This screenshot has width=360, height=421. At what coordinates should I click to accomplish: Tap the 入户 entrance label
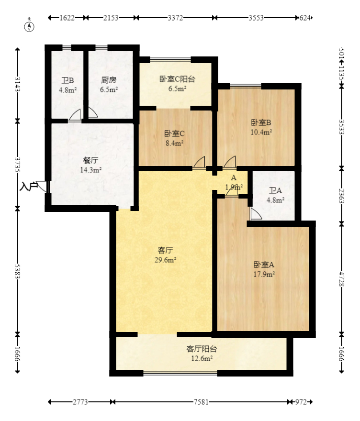click(29, 187)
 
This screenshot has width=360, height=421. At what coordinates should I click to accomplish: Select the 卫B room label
click(67, 80)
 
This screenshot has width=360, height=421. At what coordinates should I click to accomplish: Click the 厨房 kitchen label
click(109, 80)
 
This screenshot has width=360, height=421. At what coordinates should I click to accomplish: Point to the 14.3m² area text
click(90, 170)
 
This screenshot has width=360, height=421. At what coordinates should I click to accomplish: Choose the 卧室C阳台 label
click(177, 79)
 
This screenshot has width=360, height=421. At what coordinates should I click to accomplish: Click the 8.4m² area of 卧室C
click(174, 143)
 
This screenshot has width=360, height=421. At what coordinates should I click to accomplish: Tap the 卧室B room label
click(261, 122)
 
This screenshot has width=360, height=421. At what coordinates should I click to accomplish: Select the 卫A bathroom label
click(275, 191)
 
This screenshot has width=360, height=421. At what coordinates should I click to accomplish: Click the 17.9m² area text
click(264, 274)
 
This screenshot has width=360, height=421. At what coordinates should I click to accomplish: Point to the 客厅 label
click(165, 250)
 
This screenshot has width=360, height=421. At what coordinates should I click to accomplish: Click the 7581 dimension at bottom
click(202, 402)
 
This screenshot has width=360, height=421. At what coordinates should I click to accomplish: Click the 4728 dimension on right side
click(341, 278)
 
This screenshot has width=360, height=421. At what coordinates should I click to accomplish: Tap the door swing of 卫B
click(75, 115)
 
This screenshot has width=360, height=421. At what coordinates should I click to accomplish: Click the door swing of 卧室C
click(199, 163)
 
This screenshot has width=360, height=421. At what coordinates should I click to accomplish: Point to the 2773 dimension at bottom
click(80, 402)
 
